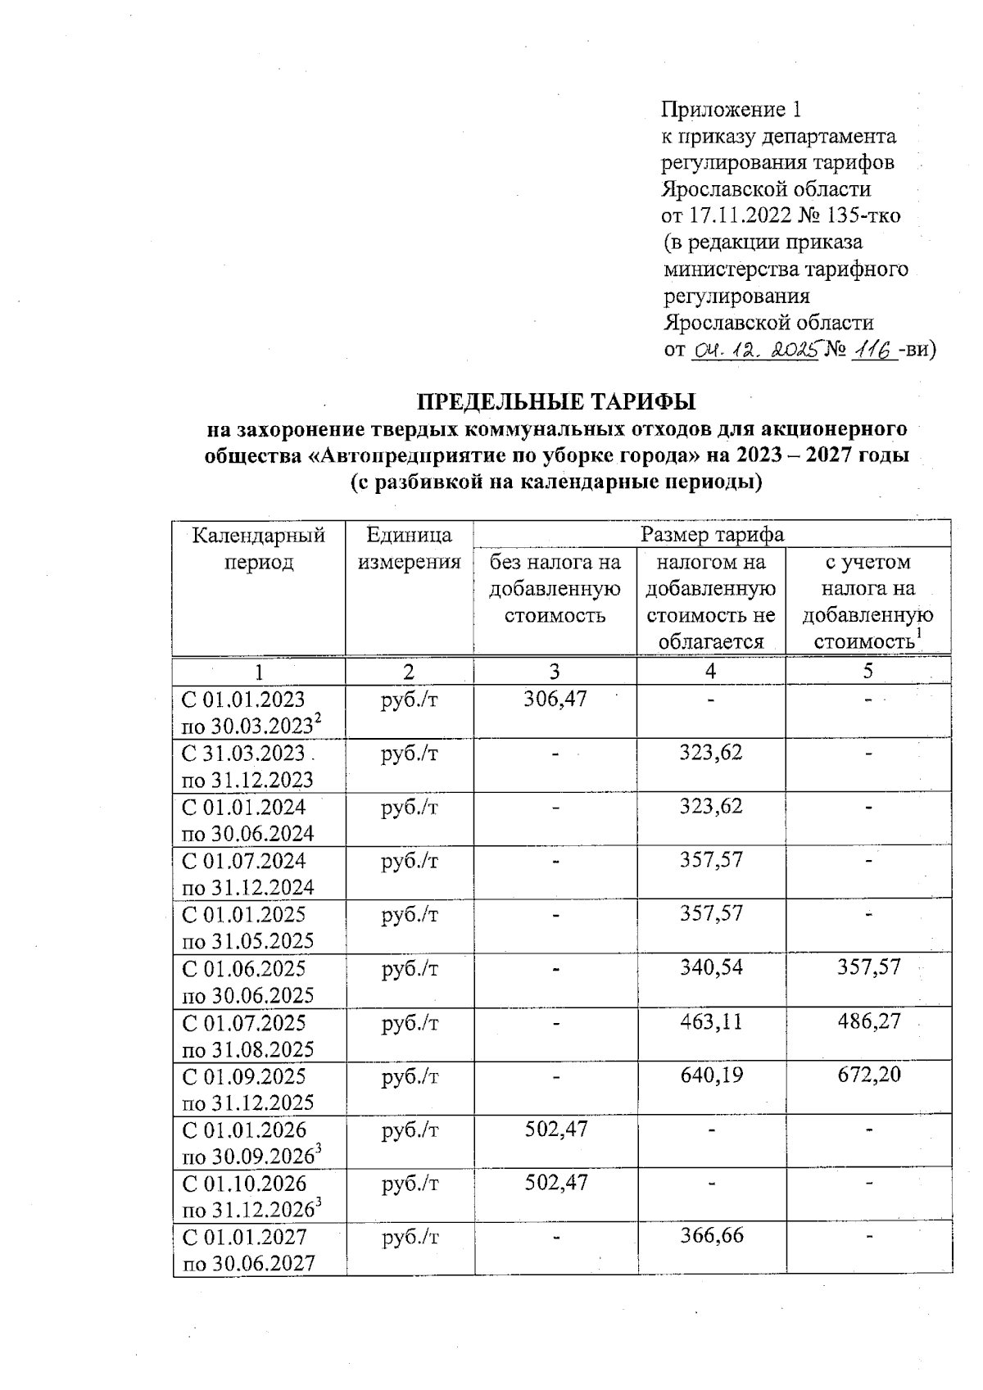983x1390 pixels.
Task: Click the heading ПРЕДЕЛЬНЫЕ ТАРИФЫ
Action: tap(556, 401)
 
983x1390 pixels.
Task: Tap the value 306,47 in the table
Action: tap(555, 699)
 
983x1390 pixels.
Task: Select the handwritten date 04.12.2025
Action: tap(756, 350)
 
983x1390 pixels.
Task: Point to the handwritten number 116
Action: tap(873, 350)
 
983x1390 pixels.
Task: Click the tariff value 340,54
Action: tap(711, 967)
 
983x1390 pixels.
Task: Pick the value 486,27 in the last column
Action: tap(868, 1021)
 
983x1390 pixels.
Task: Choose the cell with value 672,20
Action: tap(868, 1075)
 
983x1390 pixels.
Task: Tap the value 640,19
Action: tap(711, 1075)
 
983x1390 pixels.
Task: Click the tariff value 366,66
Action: tap(711, 1235)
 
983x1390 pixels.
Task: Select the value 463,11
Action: tap(711, 1021)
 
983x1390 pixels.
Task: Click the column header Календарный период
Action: tap(259, 549)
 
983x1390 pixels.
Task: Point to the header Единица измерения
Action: tap(409, 549)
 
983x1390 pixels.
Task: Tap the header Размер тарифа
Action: tap(711, 535)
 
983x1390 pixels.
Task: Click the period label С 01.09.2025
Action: tap(243, 1076)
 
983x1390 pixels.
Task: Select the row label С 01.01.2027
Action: tap(243, 1237)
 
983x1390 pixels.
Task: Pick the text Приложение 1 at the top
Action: tap(731, 109)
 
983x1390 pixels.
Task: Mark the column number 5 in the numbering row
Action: tap(867, 671)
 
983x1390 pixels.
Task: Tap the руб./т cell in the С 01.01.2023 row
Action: tap(409, 700)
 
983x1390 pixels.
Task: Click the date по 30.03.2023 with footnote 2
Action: tap(250, 727)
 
